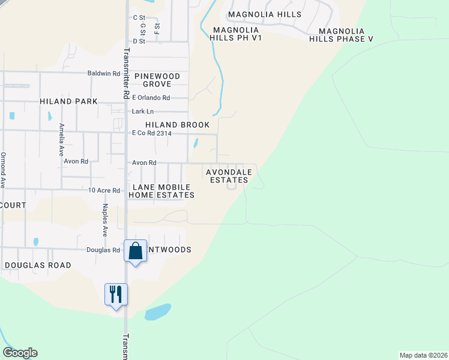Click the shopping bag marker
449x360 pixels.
pyautogui.click(x=135, y=251)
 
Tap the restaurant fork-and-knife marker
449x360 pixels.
pyautogui.click(x=116, y=295)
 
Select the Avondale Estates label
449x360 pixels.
pyautogui.click(x=227, y=176)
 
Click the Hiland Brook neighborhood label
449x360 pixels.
pyautogui.click(x=178, y=125)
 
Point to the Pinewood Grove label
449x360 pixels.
pyautogui.click(x=157, y=80)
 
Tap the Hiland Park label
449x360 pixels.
pyautogui.click(x=68, y=102)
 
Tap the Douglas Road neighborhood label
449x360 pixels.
pyautogui.click(x=38, y=265)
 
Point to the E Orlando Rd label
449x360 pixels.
pyautogui.click(x=151, y=98)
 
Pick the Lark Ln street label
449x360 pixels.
pyautogui.click(x=142, y=112)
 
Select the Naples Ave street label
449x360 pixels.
pyautogui.click(x=104, y=220)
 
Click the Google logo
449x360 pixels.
pyautogui.click(x=20, y=353)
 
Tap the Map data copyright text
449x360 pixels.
pyautogui.click(x=423, y=355)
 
